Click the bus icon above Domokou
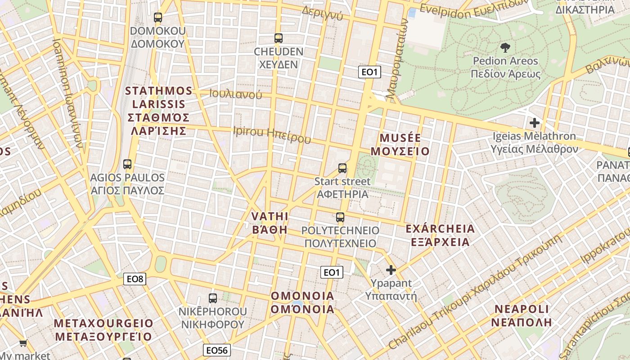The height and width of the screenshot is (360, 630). tap(157, 18)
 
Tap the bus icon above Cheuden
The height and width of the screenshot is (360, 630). tap(279, 38)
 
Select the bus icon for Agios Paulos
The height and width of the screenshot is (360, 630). tap(127, 164)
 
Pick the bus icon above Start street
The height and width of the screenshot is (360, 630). tap(342, 168)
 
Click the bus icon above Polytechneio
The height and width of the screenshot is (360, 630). tap(340, 217)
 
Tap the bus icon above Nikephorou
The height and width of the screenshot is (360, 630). tap(213, 298)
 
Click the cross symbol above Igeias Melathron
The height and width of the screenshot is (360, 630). tap(535, 122)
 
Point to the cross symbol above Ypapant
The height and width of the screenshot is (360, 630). tap(391, 270)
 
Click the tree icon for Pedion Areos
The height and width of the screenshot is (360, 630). tap(505, 47)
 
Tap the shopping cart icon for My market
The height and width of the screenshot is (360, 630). tap(23, 343)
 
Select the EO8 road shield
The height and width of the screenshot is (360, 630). tap(135, 279)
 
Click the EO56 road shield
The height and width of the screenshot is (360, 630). tap(217, 350)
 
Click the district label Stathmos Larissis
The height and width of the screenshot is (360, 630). tap(158, 111)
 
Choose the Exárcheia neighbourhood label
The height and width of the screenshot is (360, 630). tap(440, 235)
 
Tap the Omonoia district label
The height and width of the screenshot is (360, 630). tap(302, 302)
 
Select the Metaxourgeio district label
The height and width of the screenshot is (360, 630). tap(103, 330)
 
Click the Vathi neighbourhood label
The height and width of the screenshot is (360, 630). tap(270, 223)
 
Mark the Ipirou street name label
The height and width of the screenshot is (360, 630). tap(272, 135)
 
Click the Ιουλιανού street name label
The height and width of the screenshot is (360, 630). tap(236, 94)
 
